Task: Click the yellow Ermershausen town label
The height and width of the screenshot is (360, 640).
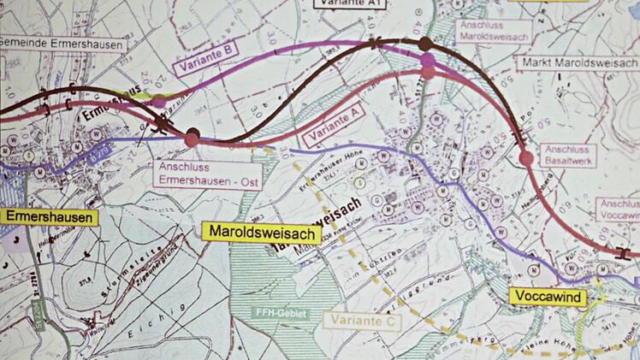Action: point(49,217)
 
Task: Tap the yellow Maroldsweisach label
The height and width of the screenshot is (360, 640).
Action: point(261,233)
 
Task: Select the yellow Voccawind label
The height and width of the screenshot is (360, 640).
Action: point(548,297)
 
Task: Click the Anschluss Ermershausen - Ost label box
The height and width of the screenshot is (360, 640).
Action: point(208,173)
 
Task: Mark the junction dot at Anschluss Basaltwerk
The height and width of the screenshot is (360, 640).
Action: point(526,157)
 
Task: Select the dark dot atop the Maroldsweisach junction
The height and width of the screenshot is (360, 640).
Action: point(425,44)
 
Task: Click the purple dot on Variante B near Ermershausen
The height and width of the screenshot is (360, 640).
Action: point(159,102)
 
